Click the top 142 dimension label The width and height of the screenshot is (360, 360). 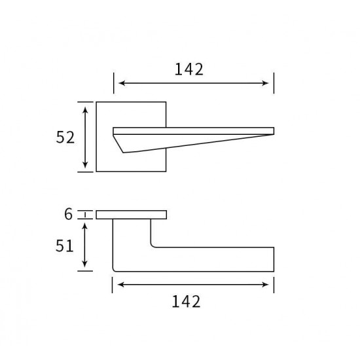(x=189, y=69)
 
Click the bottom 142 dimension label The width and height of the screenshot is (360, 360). (x=186, y=302)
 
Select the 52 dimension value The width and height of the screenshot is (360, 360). (x=65, y=137)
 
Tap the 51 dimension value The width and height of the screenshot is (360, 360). (x=65, y=245)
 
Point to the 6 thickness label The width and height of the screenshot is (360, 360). (x=69, y=214)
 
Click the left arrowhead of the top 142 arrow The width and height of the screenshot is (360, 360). (x=122, y=83)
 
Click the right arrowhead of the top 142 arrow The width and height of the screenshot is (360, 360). (x=265, y=83)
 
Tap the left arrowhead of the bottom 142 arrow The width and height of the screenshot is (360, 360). (x=121, y=285)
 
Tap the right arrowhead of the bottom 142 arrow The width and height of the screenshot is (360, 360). (x=265, y=285)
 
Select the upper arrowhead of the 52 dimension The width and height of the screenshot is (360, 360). (x=85, y=110)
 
